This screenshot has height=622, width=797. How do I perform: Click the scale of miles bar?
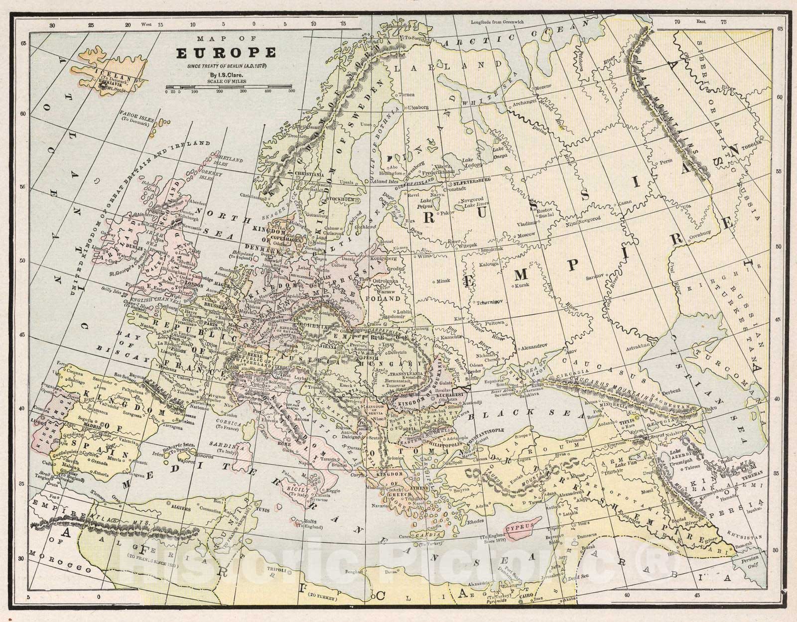(230, 87)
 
